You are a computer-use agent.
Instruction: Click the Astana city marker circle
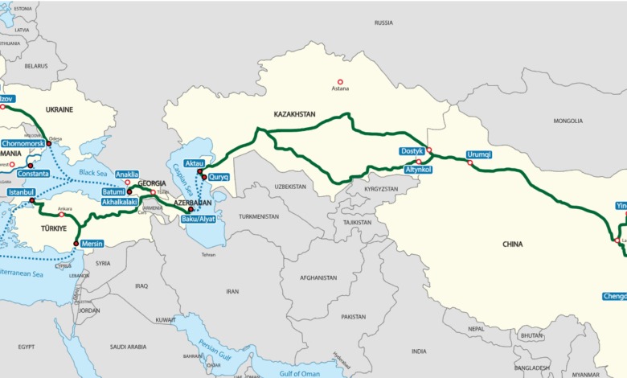pyautogui.click(x=340, y=81)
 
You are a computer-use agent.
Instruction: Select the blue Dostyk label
pyautogui.click(x=412, y=151)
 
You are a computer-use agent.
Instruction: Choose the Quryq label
pyautogui.click(x=219, y=177)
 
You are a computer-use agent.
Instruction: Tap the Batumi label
pyautogui.click(x=113, y=192)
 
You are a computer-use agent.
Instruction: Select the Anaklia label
pyautogui.click(x=127, y=174)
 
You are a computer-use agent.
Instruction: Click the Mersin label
pyautogui.click(x=91, y=243)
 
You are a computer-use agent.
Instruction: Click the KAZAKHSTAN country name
pyautogui.click(x=294, y=115)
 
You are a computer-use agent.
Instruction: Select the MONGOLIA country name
pyautogui.click(x=568, y=121)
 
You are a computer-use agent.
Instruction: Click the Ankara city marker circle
pyautogui.click(x=62, y=215)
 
